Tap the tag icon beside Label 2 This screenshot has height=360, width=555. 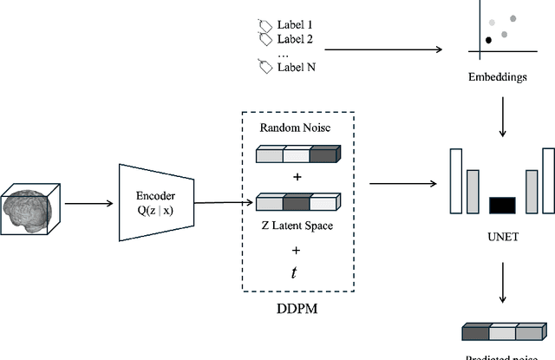tap(265, 39)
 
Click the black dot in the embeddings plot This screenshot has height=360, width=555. tap(489, 39)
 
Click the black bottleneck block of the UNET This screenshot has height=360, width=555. tap(502, 206)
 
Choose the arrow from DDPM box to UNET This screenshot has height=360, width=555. tap(402, 183)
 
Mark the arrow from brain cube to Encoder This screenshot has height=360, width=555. tap(88, 205)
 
